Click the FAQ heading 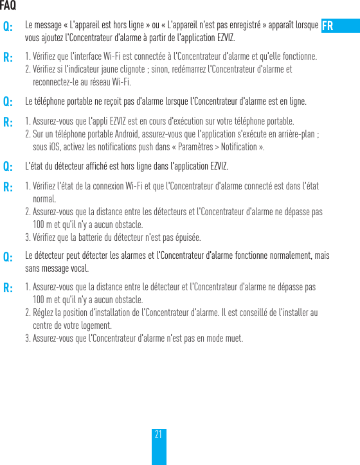pos(8,6)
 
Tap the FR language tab pos(328,26)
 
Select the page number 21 pos(158,435)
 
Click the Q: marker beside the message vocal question pos(8,257)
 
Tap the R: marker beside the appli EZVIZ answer pos(8,122)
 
